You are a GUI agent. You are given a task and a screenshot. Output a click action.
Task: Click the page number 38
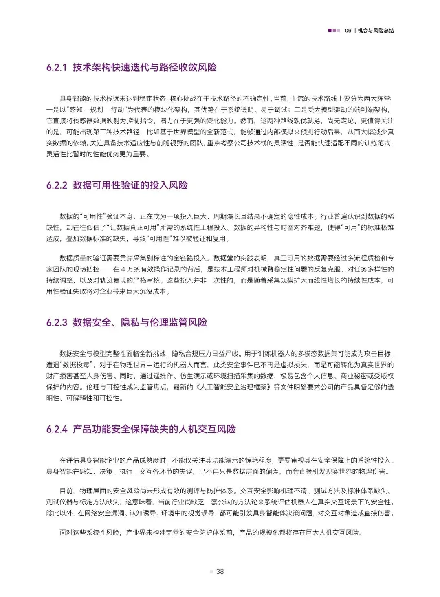[x=220, y=571]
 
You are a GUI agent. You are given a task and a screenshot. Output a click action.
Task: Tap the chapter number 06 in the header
[x=348, y=31]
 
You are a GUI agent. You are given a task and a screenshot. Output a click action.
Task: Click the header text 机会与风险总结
[x=376, y=31]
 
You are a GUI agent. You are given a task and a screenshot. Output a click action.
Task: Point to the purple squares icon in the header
[x=334, y=31]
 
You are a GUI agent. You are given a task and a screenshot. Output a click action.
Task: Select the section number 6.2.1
[x=57, y=68]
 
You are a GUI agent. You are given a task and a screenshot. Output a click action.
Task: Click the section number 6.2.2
[x=57, y=185]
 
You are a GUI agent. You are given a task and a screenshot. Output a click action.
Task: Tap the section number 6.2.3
[x=57, y=323]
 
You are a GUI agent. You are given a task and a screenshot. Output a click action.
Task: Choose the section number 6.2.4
[x=57, y=429]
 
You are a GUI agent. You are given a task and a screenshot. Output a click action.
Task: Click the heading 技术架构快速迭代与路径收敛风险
[x=145, y=68]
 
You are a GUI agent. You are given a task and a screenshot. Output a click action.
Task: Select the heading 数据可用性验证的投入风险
[x=130, y=185]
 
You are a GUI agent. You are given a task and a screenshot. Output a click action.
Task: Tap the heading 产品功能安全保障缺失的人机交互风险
[x=154, y=429]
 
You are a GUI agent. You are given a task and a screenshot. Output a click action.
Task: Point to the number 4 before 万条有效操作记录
[x=123, y=269]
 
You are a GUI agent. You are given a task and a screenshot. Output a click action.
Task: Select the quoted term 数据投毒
[x=77, y=365]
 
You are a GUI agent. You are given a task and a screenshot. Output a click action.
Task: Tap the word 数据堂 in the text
[x=224, y=258]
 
